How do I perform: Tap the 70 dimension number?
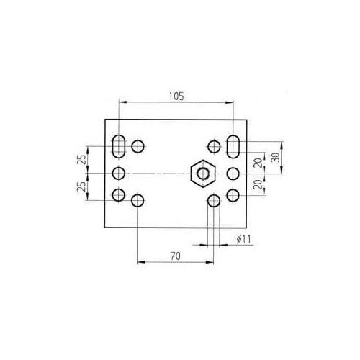tap(175, 255)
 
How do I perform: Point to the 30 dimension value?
tap(275, 158)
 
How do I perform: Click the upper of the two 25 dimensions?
tap(83, 159)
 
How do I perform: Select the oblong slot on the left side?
tap(120, 145)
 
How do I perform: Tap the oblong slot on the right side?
tap(234, 145)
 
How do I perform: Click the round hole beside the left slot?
tap(138, 146)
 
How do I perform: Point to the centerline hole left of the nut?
tap(120, 173)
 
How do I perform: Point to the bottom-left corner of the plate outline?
tap(106, 227)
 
